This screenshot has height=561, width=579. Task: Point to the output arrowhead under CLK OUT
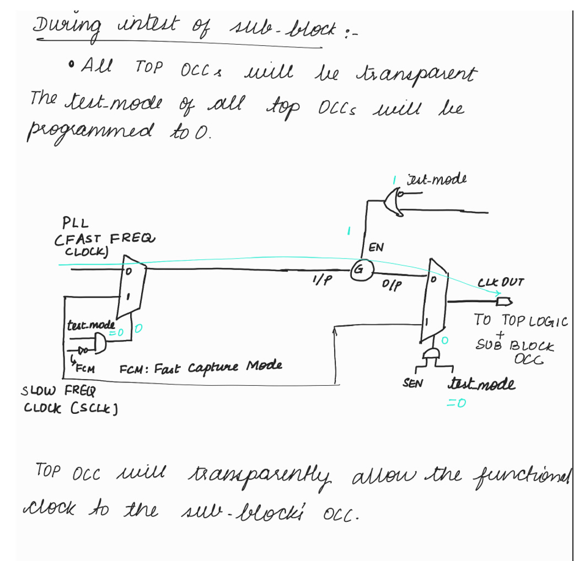click(x=503, y=301)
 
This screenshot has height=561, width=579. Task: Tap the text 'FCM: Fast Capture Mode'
click(x=201, y=366)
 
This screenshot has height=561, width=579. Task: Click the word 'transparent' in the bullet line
click(x=421, y=74)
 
